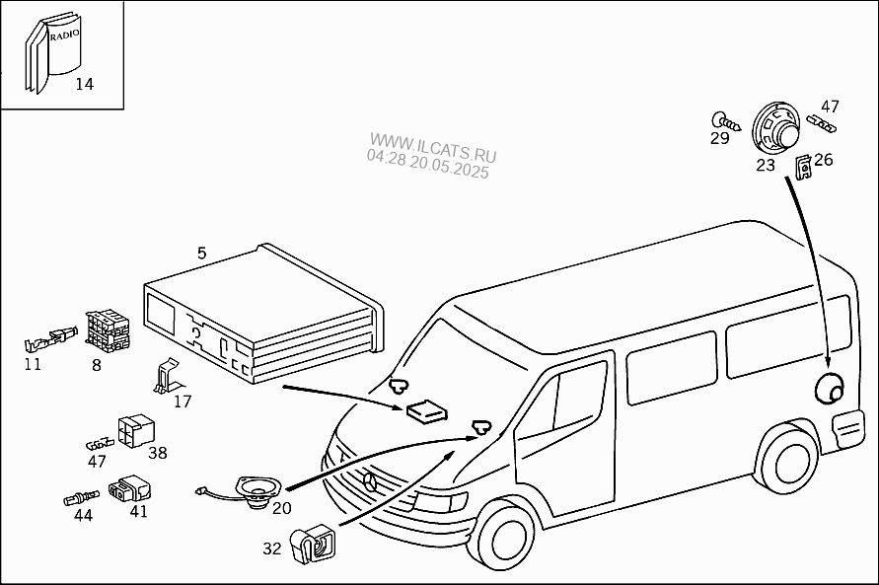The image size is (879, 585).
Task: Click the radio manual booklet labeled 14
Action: pos(55,54)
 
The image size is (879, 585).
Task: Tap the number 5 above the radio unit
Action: pos(202,254)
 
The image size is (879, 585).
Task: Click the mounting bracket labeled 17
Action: pos(169,376)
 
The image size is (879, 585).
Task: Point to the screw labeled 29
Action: pos(720,120)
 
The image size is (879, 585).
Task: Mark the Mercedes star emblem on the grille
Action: pos(370,479)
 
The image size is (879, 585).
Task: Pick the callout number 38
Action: pos(158,453)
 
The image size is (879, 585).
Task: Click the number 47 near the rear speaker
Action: pos(830,107)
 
